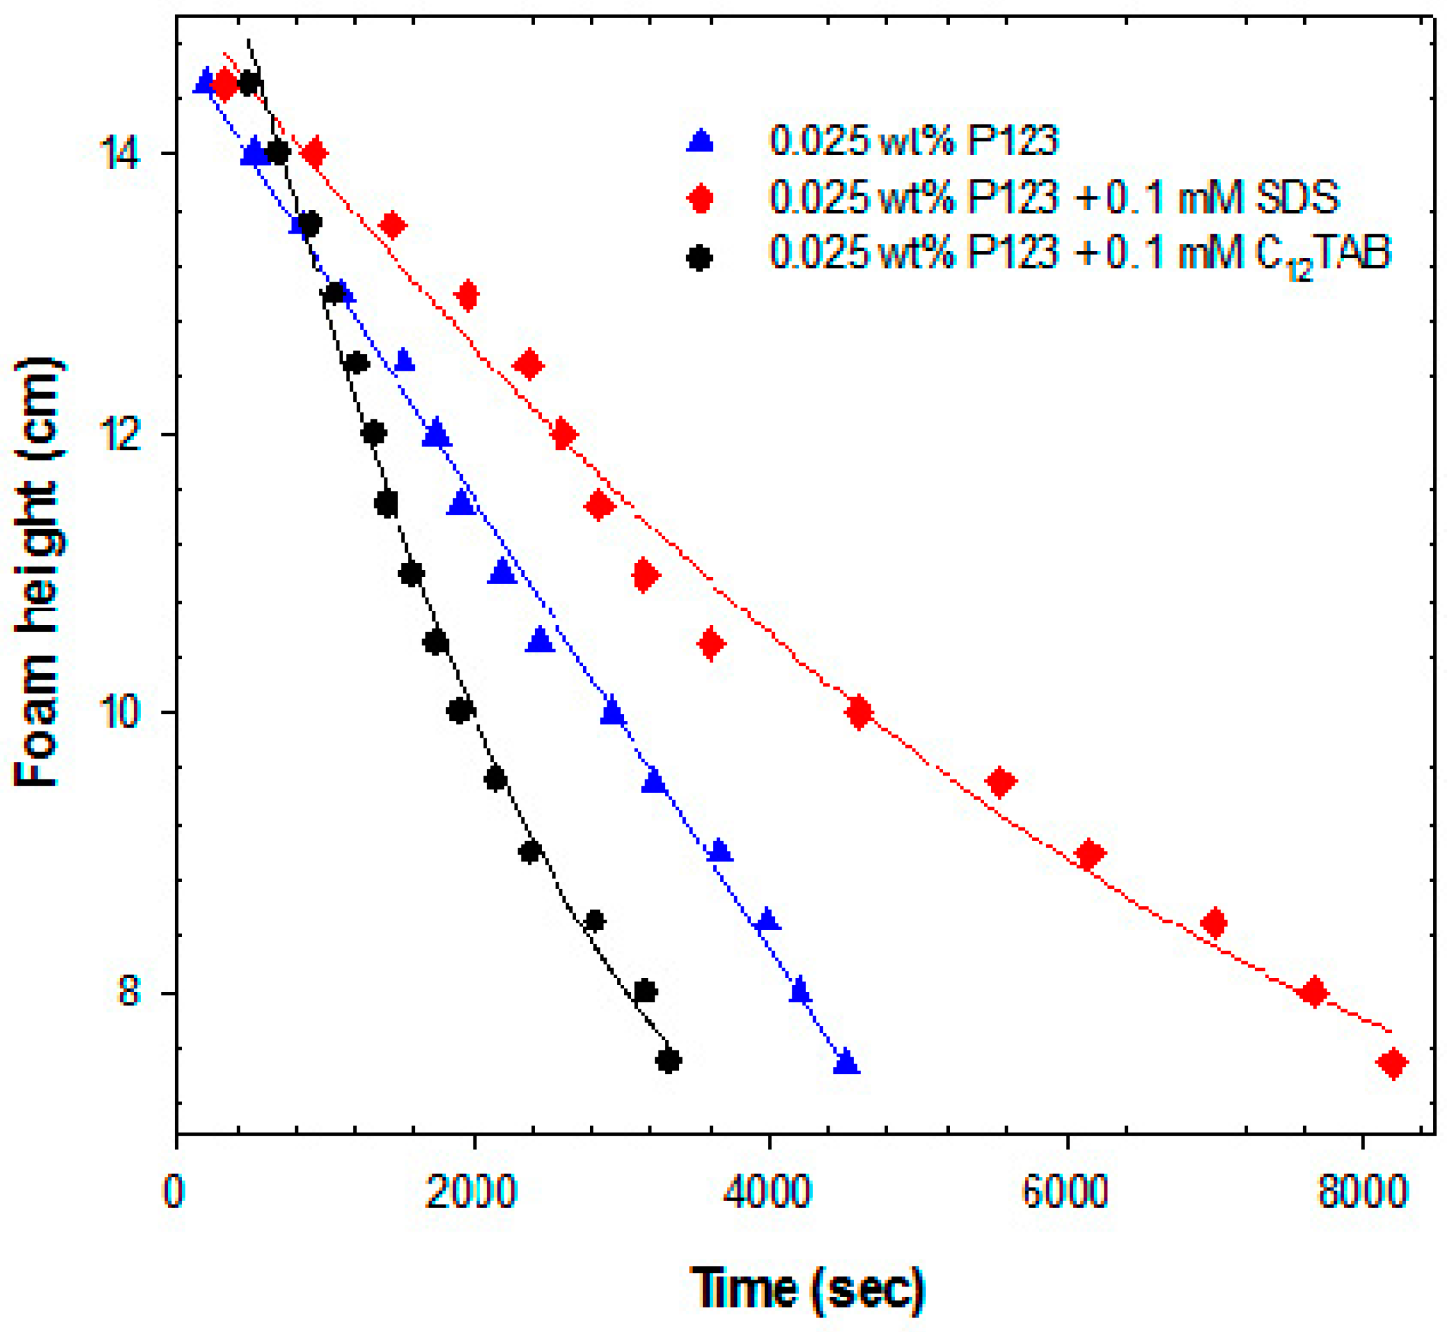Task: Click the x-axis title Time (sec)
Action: (x=807, y=1288)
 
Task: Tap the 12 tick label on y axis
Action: (x=120, y=435)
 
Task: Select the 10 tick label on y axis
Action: (x=120, y=712)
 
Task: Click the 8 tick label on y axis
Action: (x=130, y=992)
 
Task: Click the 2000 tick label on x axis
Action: (x=472, y=1193)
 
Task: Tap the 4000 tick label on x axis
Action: (x=768, y=1193)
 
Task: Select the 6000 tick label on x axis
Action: (x=1065, y=1193)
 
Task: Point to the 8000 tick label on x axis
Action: (x=1362, y=1193)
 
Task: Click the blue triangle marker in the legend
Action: (x=700, y=141)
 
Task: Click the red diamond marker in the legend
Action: (x=700, y=197)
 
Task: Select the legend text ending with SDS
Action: (x=1054, y=197)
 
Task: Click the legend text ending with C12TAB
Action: (x=1079, y=254)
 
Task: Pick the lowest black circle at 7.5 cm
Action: (x=669, y=1061)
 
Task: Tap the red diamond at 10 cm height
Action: (x=859, y=713)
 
